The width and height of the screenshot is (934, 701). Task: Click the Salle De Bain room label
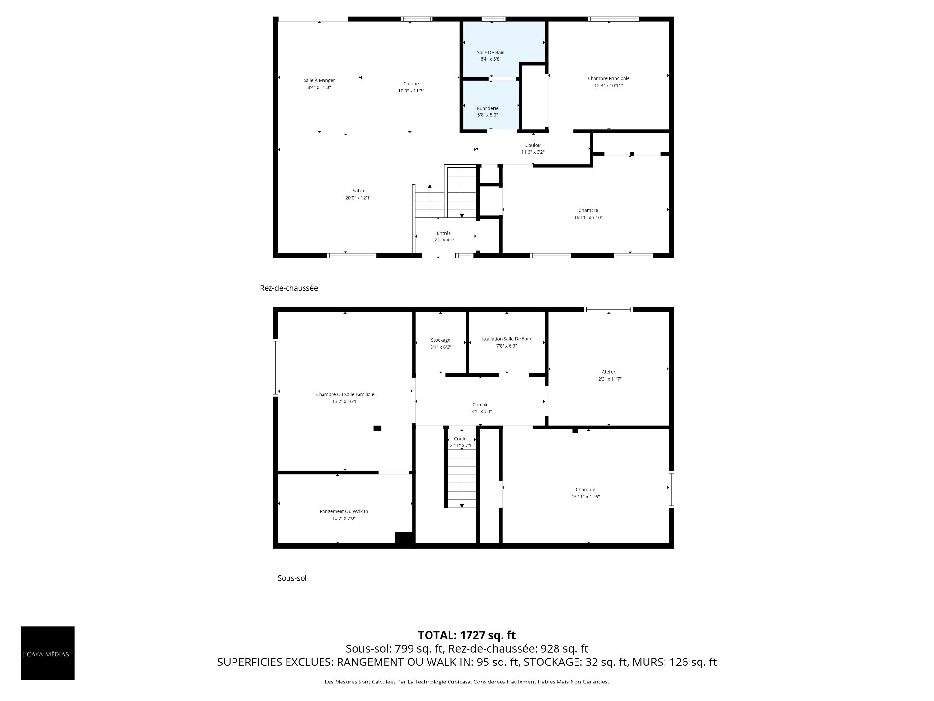(x=490, y=52)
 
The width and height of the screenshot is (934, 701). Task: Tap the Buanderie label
(x=487, y=108)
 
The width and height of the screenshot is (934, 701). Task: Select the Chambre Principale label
(x=608, y=78)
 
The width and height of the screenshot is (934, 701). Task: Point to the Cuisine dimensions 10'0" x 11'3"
(x=411, y=91)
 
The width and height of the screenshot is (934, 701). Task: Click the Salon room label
(x=359, y=191)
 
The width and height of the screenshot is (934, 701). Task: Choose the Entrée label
(x=444, y=233)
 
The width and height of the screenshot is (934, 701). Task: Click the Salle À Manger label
(x=319, y=80)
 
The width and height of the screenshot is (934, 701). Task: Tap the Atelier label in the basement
(x=609, y=372)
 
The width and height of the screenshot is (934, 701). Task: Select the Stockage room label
(x=441, y=340)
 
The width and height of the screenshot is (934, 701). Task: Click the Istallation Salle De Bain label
(x=506, y=339)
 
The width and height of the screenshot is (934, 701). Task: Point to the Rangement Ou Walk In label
(x=344, y=511)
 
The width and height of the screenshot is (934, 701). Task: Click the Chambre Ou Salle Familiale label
(x=345, y=394)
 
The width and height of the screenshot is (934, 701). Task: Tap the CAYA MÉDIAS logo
(x=48, y=653)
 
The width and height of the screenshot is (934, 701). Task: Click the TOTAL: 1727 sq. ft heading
(x=467, y=635)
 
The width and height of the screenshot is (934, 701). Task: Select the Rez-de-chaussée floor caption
(x=289, y=288)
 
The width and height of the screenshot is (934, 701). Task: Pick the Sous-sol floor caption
(x=292, y=578)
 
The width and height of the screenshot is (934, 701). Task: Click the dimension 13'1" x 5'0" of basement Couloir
(x=480, y=411)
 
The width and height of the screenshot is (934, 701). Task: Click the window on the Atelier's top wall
(x=609, y=309)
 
